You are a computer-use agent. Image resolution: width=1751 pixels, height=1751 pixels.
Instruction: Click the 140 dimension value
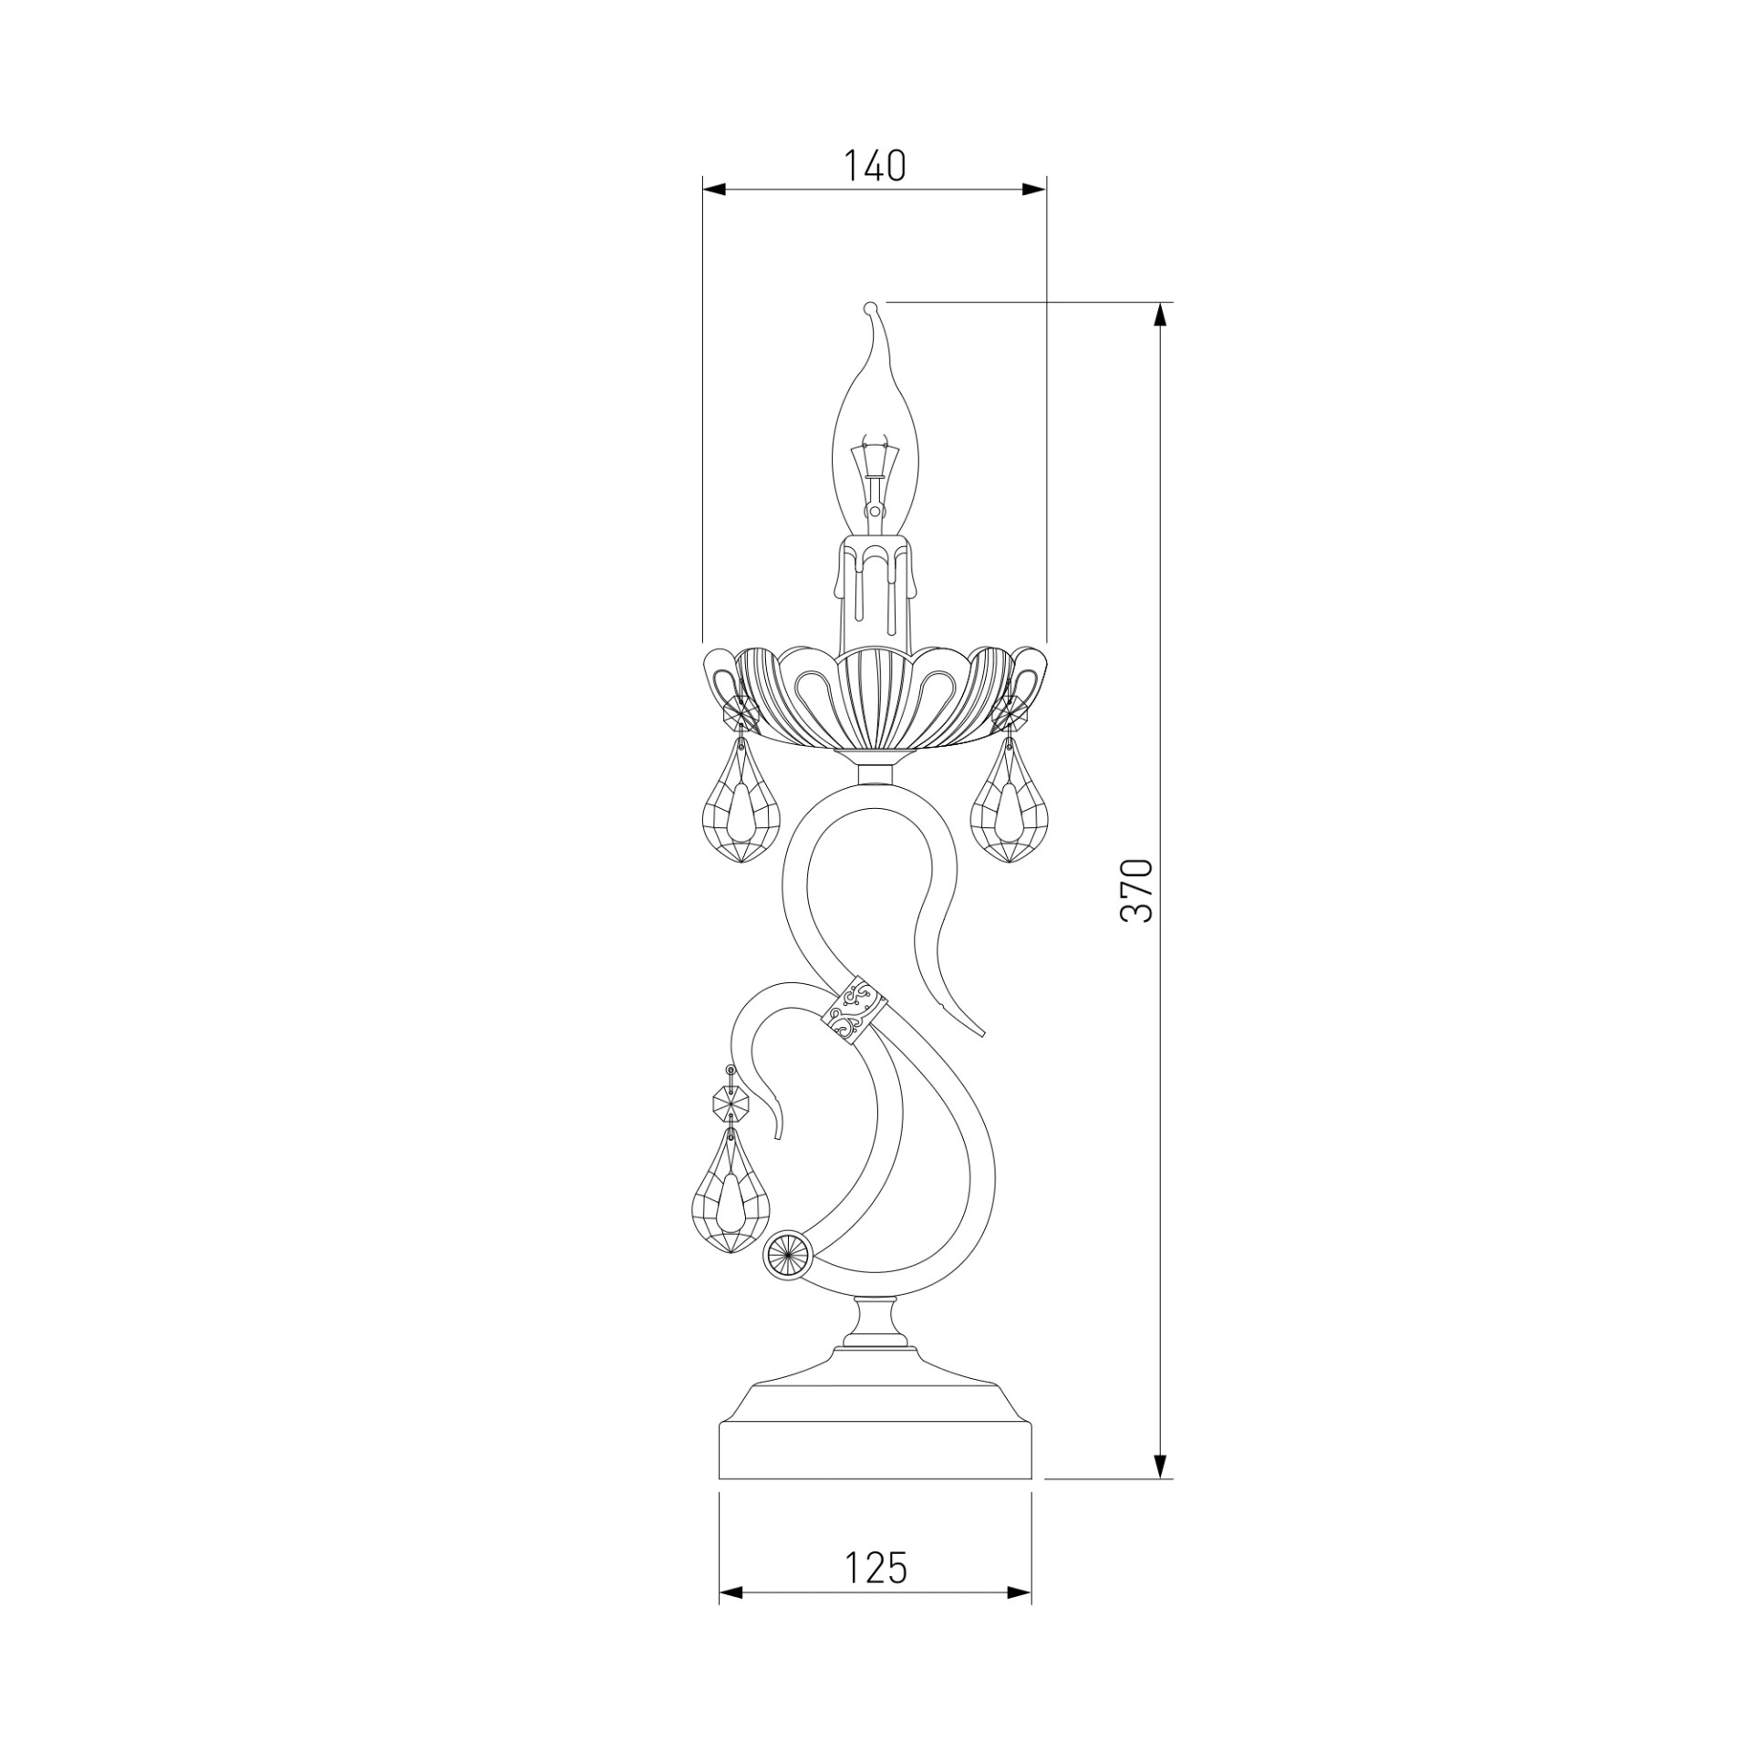pos(874,166)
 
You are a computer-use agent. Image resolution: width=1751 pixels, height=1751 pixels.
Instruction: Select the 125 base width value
pos(875,1568)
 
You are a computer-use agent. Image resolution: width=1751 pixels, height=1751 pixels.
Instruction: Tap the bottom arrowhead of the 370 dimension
pos(1160,1466)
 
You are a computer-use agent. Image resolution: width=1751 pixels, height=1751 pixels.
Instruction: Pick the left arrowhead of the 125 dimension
pos(731,1619)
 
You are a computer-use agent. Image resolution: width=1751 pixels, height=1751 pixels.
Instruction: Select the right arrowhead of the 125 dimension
pos(1020,1619)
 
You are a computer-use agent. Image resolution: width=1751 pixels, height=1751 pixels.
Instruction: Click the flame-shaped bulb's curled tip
pos(869,309)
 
